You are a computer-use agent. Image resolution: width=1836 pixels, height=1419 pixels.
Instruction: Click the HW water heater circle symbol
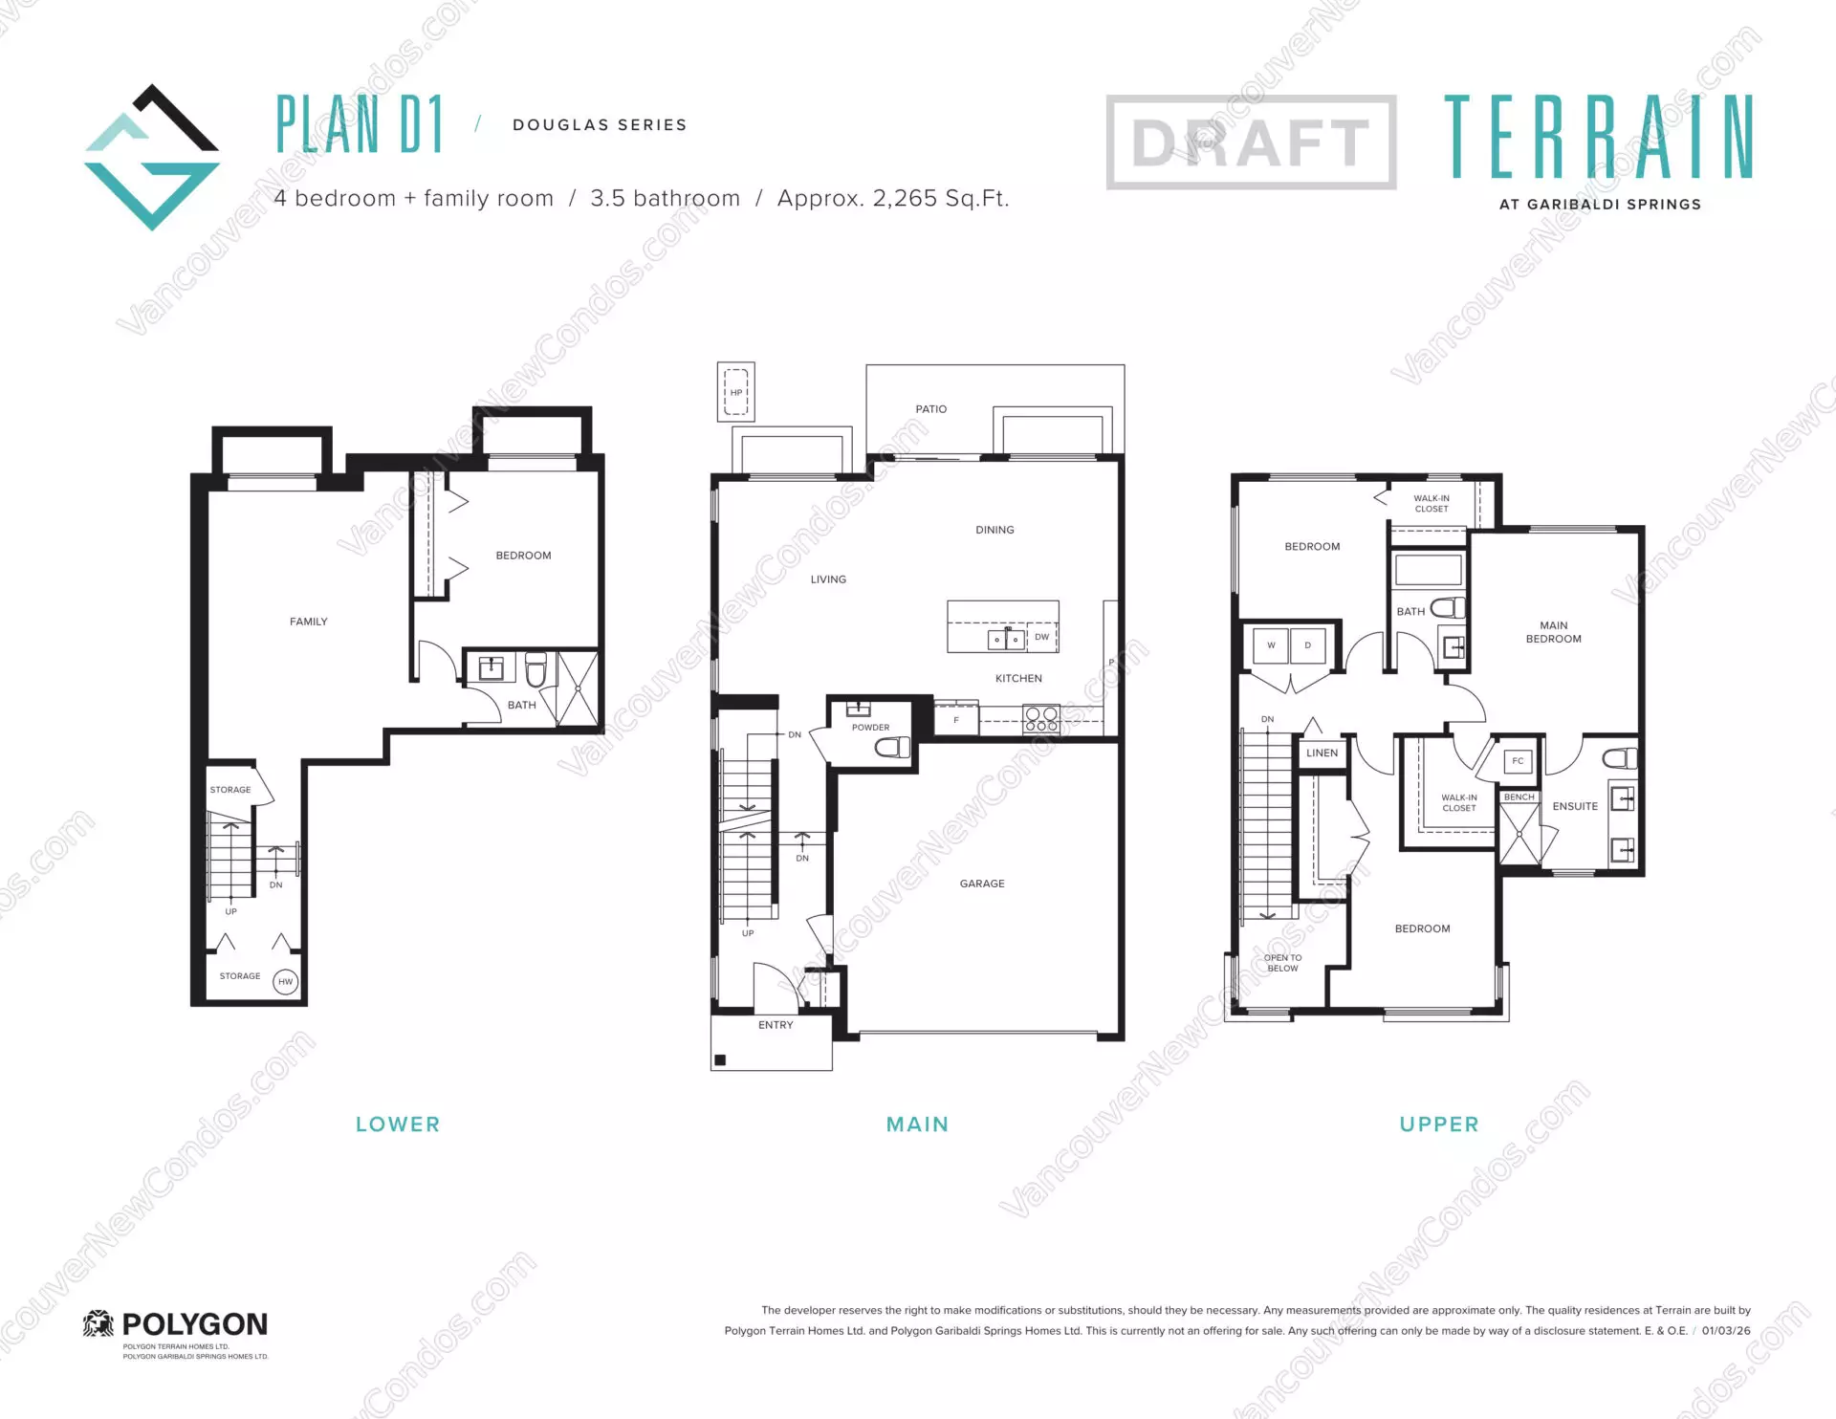(285, 981)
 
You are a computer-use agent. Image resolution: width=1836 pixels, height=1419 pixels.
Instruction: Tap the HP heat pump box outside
(736, 392)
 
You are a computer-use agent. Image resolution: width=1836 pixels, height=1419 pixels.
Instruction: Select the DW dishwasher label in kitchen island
(1041, 637)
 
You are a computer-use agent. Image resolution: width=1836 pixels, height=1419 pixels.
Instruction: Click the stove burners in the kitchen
(1041, 718)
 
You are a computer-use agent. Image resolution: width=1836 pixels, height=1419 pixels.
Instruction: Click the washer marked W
(1271, 645)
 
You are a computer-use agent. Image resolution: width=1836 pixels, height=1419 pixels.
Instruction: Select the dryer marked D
(1307, 645)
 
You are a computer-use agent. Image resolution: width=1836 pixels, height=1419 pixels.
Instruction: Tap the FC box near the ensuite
(1518, 761)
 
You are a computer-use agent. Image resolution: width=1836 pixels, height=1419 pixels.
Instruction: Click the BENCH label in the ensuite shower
(1519, 797)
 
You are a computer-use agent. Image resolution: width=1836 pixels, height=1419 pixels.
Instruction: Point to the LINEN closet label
(1322, 753)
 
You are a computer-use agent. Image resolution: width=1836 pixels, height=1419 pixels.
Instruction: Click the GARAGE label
(982, 884)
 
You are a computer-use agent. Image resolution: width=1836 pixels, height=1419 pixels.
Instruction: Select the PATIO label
(930, 409)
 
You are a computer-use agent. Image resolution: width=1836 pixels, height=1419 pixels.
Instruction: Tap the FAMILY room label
(308, 622)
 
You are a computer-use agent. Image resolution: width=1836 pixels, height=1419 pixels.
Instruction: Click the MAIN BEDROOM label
(1553, 632)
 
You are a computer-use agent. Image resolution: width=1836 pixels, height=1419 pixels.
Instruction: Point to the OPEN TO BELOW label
(1282, 963)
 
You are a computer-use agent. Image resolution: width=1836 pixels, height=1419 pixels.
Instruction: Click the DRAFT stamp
(1251, 142)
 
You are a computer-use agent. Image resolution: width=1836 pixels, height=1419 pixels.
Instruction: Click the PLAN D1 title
(360, 124)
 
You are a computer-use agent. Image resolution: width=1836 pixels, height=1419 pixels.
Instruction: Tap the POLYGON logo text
(194, 1324)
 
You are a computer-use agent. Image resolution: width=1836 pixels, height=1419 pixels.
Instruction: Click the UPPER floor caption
(1438, 1124)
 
